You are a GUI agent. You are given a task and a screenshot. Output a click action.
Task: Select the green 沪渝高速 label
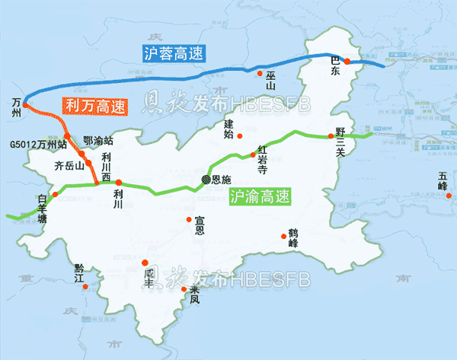260,196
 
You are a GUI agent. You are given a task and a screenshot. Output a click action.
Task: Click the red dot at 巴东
346,62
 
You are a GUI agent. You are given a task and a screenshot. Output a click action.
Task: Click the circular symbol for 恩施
205,180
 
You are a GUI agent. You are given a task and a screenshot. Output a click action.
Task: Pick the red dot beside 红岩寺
254,155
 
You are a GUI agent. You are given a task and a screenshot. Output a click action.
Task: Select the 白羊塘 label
42,208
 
